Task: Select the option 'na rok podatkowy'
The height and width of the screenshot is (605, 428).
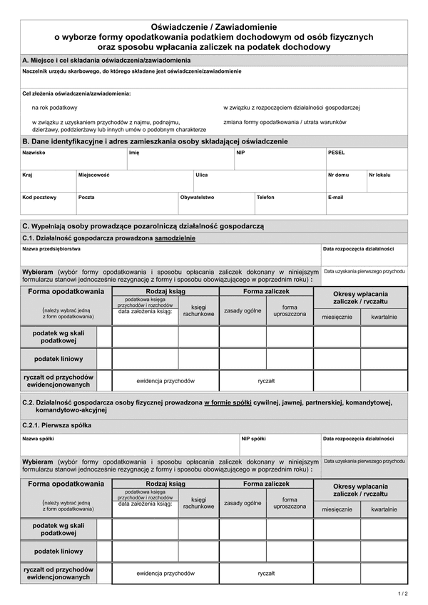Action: (x=54, y=108)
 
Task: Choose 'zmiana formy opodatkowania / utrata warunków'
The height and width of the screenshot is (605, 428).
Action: (x=285, y=122)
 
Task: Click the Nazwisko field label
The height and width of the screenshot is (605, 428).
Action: (x=34, y=153)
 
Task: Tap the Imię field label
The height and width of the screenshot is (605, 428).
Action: (x=134, y=153)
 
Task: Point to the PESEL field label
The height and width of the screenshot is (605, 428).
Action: (x=336, y=153)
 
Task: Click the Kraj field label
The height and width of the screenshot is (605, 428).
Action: (x=27, y=174)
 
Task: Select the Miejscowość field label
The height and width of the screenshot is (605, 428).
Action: (x=93, y=174)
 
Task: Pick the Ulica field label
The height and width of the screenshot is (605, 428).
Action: (x=202, y=174)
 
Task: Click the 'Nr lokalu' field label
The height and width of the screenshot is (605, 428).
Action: (x=379, y=174)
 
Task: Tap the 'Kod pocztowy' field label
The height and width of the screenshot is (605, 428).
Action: (x=39, y=197)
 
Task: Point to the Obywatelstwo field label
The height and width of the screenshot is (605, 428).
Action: (x=197, y=197)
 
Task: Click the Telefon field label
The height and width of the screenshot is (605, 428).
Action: (x=265, y=197)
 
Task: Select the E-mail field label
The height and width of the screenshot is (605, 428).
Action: (x=335, y=197)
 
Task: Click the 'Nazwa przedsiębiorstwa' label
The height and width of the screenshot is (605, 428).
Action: (x=51, y=249)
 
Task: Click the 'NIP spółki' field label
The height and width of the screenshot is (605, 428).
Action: (x=254, y=439)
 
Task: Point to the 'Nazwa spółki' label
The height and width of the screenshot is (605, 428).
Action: (x=38, y=439)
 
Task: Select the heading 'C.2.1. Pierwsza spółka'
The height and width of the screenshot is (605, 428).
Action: (x=57, y=425)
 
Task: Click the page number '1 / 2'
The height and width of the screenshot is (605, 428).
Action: (x=402, y=593)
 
